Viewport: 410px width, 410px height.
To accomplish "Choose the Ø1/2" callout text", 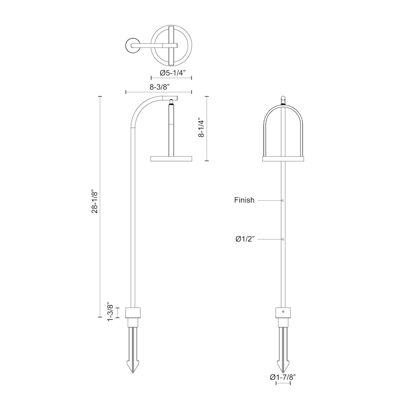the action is pyautogui.click(x=245, y=239).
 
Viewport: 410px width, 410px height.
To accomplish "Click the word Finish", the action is pyautogui.click(x=244, y=200).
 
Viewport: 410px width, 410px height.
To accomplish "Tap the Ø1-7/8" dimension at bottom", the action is pyautogui.click(x=283, y=377).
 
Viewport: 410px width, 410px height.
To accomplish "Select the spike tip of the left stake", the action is pyautogui.click(x=133, y=373).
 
